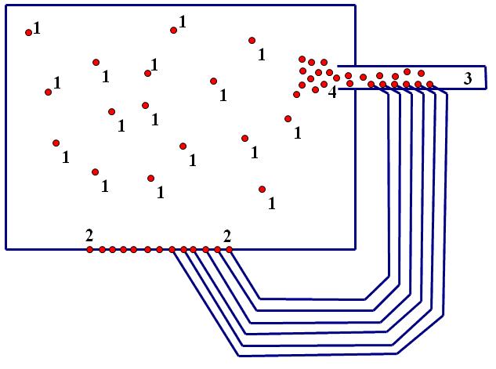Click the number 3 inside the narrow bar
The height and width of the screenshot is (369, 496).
click(468, 78)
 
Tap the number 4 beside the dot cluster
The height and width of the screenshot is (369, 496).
click(332, 92)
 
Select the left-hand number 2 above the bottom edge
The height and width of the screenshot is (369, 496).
click(89, 235)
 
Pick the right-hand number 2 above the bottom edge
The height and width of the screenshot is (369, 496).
click(227, 235)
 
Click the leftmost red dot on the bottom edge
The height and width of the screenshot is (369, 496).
click(89, 249)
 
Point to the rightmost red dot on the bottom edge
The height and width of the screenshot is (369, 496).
click(229, 249)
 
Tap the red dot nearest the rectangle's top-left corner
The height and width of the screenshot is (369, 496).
click(29, 32)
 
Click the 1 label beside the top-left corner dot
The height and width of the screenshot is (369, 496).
click(37, 27)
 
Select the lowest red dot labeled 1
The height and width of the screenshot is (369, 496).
click(262, 189)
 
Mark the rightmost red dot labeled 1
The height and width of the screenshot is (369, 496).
click(288, 118)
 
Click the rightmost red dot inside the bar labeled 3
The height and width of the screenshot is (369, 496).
click(429, 84)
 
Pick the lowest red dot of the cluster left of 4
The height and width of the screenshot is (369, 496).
click(296, 95)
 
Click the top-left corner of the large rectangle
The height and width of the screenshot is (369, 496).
click(6, 6)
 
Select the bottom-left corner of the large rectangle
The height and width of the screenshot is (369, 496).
click(6, 249)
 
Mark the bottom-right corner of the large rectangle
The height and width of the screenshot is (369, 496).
click(356, 249)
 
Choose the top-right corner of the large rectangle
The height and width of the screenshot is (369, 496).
click(356, 6)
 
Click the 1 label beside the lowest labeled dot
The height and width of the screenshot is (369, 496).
click(271, 204)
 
